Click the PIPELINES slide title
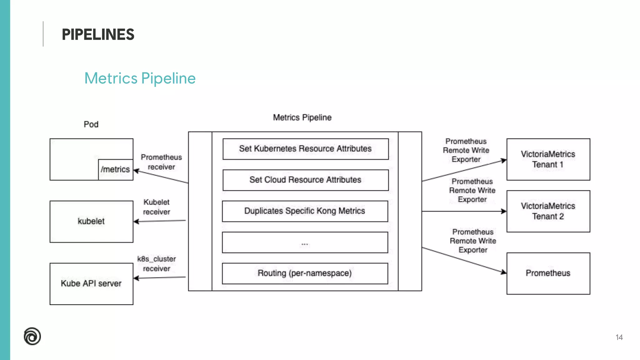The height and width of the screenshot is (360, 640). (x=98, y=34)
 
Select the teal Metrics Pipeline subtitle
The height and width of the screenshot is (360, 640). (x=140, y=78)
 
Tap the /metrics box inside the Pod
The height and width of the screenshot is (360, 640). (x=115, y=169)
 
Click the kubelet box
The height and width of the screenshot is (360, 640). (x=91, y=221)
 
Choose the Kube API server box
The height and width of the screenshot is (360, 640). (x=91, y=283)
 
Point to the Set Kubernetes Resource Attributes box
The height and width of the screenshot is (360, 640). (x=305, y=149)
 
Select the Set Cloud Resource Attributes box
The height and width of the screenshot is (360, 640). (x=305, y=180)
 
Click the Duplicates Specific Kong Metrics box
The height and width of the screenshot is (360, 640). (x=305, y=211)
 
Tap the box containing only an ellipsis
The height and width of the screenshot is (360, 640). (x=305, y=242)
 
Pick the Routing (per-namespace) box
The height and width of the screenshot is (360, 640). (x=305, y=273)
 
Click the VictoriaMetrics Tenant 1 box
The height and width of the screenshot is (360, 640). (x=548, y=159)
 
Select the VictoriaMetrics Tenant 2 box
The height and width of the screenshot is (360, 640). (x=548, y=211)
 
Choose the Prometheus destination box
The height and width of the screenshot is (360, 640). (x=548, y=273)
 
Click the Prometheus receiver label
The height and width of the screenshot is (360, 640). (x=161, y=162)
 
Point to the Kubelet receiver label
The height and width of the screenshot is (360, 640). (x=157, y=207)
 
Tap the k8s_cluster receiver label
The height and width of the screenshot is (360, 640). (x=157, y=263)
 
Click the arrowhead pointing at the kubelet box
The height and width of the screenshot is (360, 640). (x=136, y=222)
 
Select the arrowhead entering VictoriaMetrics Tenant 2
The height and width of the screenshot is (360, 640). (x=503, y=211)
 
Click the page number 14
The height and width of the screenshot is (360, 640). (x=619, y=337)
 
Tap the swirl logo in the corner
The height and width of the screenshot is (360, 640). (x=32, y=336)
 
